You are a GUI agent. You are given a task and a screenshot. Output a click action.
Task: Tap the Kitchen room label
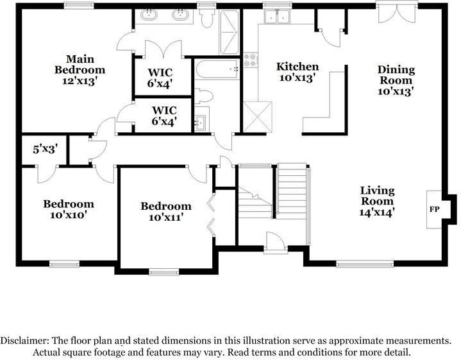298,67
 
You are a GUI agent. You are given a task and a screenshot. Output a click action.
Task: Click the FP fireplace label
434,209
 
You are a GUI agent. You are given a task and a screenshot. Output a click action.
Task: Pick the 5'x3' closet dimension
45,150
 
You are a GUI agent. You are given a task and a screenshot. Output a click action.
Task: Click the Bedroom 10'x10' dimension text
69,215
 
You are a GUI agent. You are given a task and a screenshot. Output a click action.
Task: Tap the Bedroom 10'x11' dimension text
166,218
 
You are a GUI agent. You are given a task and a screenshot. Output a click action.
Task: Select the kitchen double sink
277,16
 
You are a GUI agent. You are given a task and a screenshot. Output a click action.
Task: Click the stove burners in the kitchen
251,60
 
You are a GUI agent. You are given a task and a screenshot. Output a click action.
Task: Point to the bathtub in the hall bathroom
217,69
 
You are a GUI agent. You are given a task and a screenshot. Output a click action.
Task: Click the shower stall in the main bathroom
229,32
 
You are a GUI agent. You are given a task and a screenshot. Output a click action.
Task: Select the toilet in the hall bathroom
203,96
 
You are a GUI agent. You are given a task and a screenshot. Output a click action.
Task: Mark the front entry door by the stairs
276,243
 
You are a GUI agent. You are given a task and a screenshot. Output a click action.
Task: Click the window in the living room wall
365,264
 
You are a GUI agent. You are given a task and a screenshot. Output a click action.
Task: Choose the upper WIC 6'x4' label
160,78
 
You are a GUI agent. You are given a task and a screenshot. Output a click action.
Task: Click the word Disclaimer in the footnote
24,341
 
